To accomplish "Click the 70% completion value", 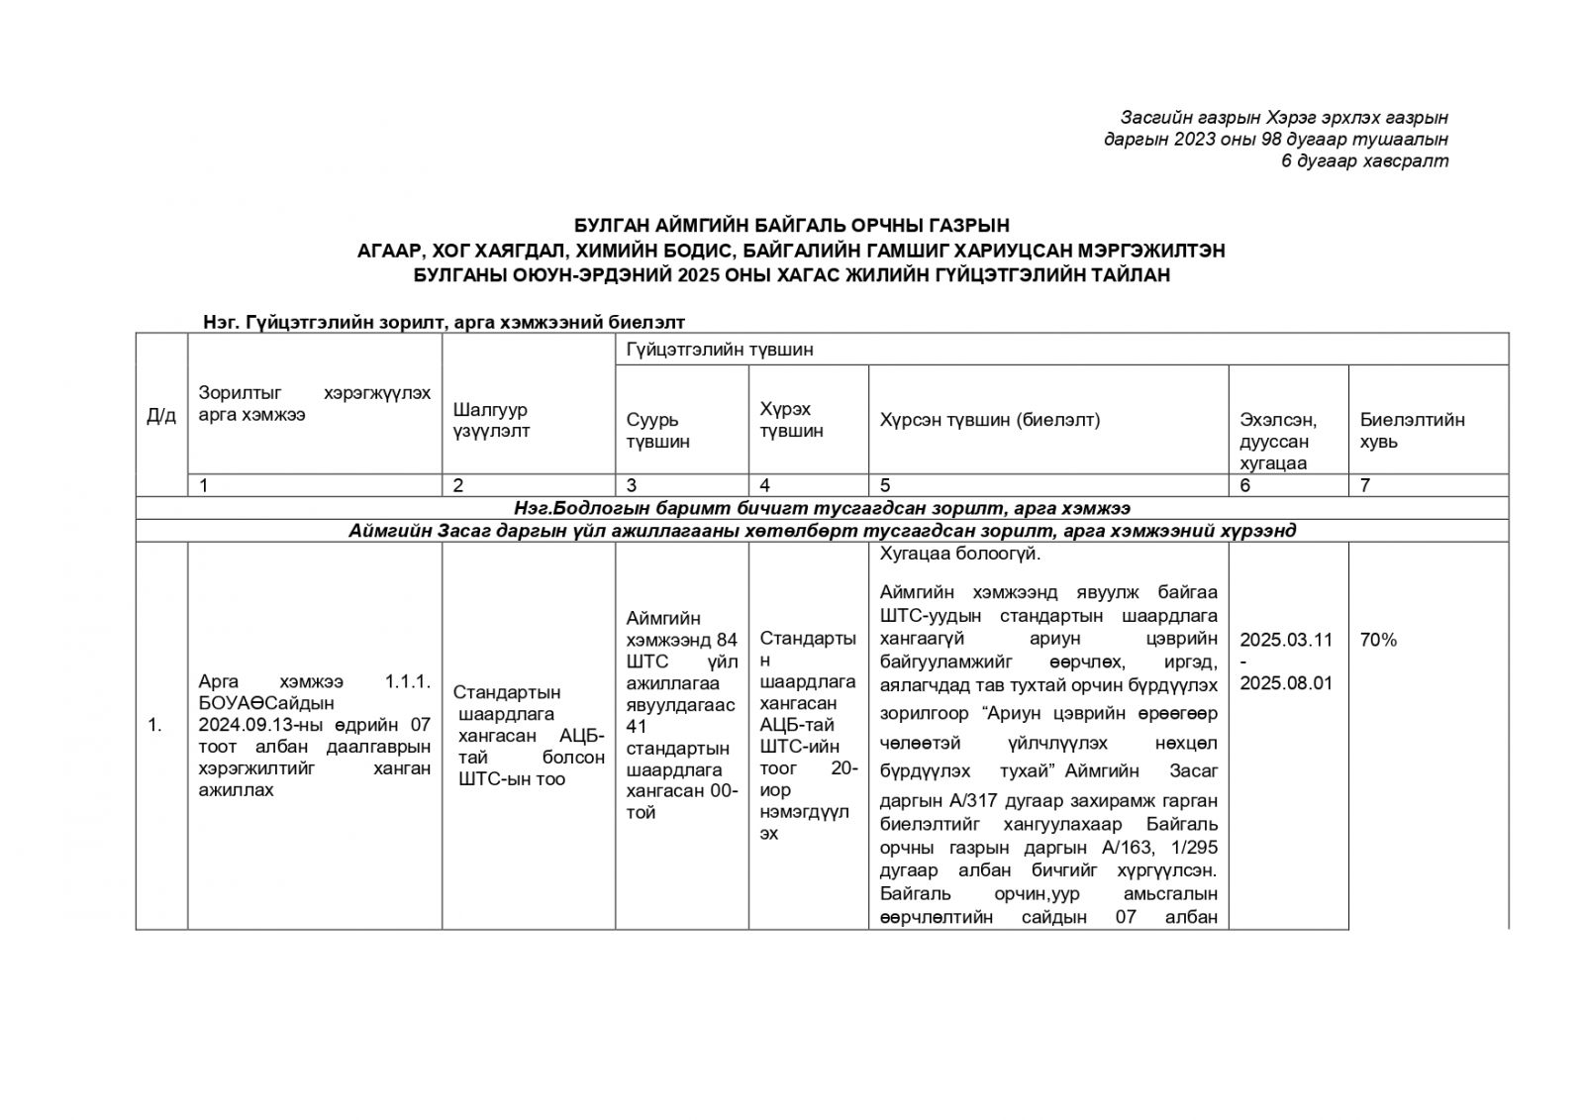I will (1378, 640).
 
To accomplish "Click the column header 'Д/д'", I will (161, 415).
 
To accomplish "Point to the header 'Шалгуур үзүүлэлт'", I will (491, 420).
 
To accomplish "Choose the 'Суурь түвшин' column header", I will (658, 431).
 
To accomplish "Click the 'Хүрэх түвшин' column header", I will (791, 420).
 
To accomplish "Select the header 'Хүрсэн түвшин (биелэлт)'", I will (990, 420).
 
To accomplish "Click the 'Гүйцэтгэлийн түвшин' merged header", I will (720, 350).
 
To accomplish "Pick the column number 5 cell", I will (885, 485).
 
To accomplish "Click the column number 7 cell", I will (1365, 485).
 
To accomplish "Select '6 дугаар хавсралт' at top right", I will (1364, 160).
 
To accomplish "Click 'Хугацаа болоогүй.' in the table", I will (959, 554).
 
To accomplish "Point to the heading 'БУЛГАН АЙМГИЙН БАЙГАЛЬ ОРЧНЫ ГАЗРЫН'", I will (792, 225).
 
